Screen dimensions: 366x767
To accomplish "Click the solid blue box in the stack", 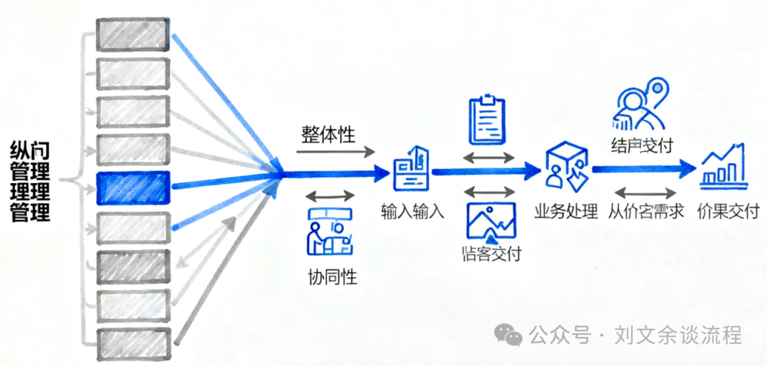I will pos(133,188).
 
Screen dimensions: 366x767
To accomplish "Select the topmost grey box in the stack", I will pos(133,35).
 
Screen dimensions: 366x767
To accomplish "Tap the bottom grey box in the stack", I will pos(133,345).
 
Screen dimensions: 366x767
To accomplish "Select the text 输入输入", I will pos(413,212).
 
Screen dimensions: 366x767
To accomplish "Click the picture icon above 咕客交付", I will pos(491,221).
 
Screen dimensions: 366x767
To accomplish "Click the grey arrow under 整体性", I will pos(334,151).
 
